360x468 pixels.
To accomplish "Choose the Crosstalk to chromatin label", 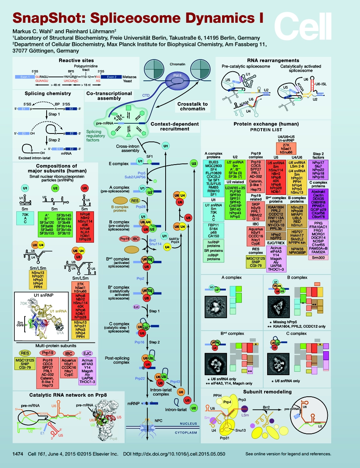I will pos(193,107).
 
